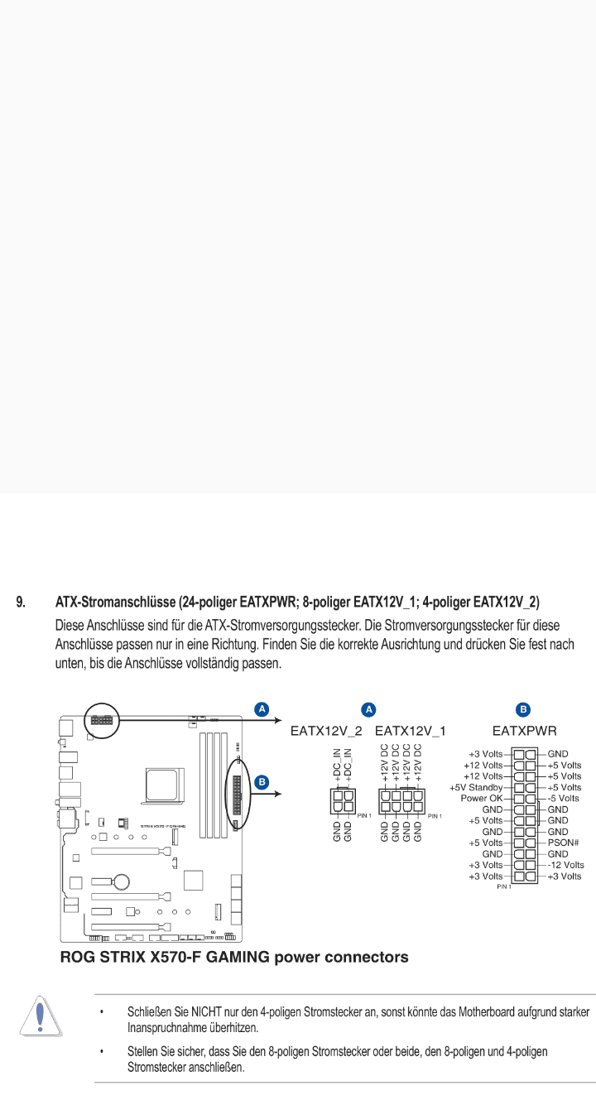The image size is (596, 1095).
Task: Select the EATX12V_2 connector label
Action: [x=325, y=731]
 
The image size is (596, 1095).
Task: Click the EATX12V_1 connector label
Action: [x=410, y=731]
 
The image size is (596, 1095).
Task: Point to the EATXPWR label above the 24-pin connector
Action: [x=524, y=731]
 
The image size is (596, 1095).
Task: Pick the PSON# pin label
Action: [x=562, y=843]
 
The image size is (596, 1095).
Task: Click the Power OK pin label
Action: [x=481, y=798]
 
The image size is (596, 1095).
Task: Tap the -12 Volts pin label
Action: [x=565, y=865]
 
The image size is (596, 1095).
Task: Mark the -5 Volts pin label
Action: [x=563, y=798]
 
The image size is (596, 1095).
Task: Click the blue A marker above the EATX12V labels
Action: [x=369, y=709]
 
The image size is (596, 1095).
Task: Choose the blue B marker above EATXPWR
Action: [x=523, y=709]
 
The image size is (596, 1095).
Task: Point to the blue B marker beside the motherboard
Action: [x=262, y=780]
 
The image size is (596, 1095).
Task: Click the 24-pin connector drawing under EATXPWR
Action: [x=524, y=814]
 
